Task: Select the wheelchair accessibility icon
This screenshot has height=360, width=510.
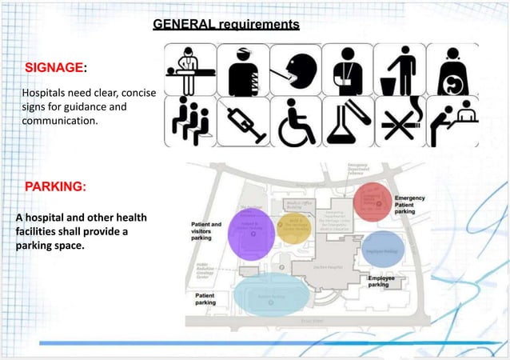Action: (x=296, y=123)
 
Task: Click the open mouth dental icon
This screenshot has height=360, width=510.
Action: (x=296, y=70)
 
